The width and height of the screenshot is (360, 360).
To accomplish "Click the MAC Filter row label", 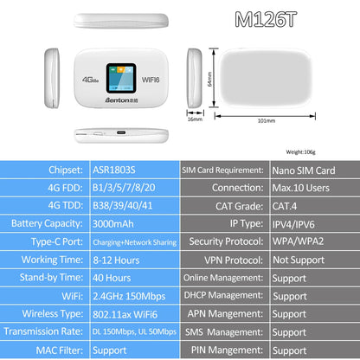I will click(45, 351).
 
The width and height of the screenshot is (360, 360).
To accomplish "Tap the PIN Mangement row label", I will click(224, 351).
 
